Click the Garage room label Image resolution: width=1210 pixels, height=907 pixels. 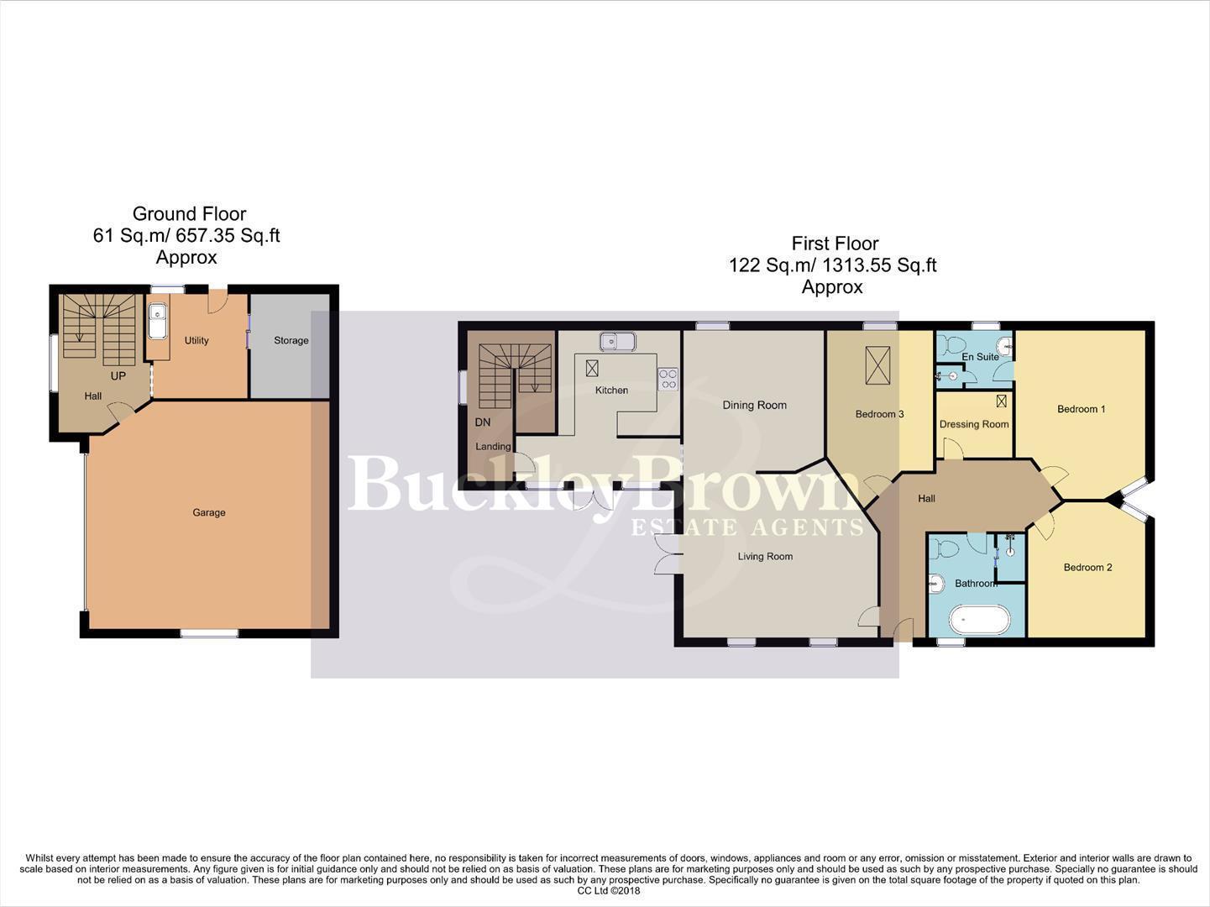click(x=209, y=512)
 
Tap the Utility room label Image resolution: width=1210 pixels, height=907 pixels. click(x=196, y=340)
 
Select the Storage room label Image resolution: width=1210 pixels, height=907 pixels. click(x=291, y=340)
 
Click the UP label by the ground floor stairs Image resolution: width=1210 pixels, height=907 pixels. click(x=118, y=376)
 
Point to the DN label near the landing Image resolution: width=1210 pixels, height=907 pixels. click(x=483, y=422)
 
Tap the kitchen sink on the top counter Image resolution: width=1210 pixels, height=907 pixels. click(x=617, y=341)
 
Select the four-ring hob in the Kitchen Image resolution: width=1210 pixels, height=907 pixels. click(x=668, y=379)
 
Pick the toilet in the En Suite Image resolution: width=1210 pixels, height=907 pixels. click(x=951, y=345)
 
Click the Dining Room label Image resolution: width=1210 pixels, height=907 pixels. click(x=754, y=405)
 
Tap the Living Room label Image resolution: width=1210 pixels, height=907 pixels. click(x=765, y=556)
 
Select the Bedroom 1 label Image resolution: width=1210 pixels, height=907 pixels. click(x=1081, y=409)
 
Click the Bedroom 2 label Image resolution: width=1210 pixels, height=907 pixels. click(x=1087, y=567)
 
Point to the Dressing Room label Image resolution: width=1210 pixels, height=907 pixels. click(x=974, y=424)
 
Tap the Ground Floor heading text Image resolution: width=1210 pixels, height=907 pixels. click(x=189, y=213)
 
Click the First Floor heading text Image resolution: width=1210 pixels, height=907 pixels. click(x=835, y=244)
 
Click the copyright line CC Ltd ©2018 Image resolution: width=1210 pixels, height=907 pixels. click(x=609, y=891)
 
